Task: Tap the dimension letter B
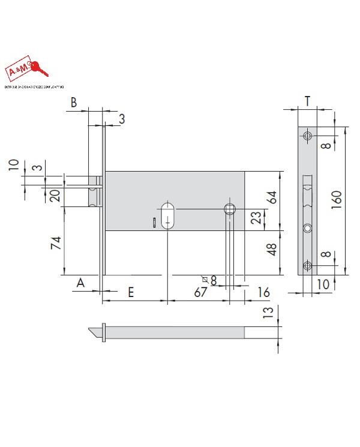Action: pos(74,103)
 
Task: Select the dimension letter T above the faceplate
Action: pos(307,101)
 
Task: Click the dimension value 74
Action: pos(56,244)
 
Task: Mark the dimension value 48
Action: pos(272,250)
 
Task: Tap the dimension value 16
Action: pos(263,292)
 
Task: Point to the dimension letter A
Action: pos(80,283)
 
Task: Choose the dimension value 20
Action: pos(55,195)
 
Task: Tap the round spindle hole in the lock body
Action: pos(230,209)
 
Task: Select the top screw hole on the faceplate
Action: pos(307,136)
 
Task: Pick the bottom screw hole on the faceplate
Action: pos(307,266)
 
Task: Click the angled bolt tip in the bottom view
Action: pos(94,331)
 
